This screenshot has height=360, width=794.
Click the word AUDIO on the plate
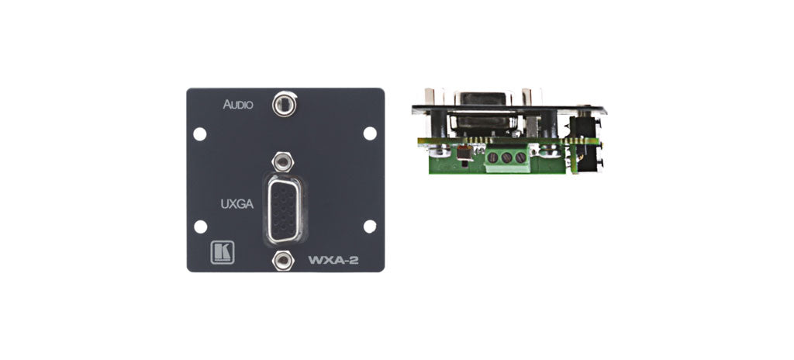[x=237, y=104]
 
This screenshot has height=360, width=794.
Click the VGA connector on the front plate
[x=285, y=208]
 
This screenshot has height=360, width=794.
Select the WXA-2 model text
[x=338, y=259]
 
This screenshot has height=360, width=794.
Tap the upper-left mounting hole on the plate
[x=200, y=133]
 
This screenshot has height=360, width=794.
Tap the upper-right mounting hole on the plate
[x=370, y=133]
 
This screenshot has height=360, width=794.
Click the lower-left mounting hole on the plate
[x=200, y=227]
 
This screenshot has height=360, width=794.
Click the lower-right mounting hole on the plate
[x=370, y=227]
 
